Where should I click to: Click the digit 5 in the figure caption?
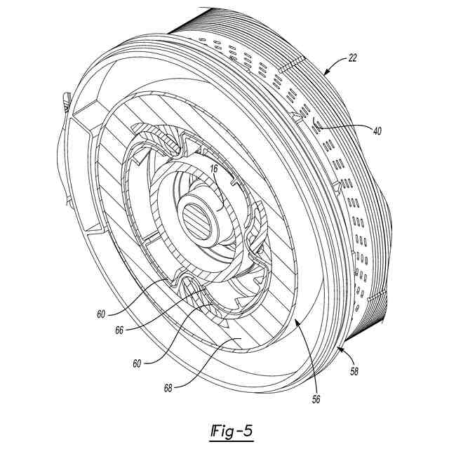[246, 429]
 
